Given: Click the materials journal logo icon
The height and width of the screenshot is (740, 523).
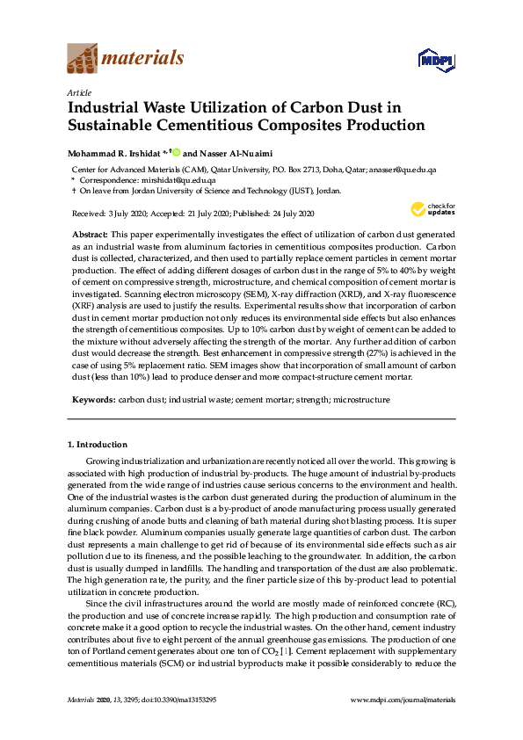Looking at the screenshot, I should click(x=83, y=59).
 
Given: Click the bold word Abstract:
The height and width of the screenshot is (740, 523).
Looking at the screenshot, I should click(x=89, y=235).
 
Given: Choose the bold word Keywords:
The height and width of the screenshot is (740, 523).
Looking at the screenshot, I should click(x=92, y=400).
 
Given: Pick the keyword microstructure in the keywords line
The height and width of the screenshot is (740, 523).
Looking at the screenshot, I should click(x=358, y=400).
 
